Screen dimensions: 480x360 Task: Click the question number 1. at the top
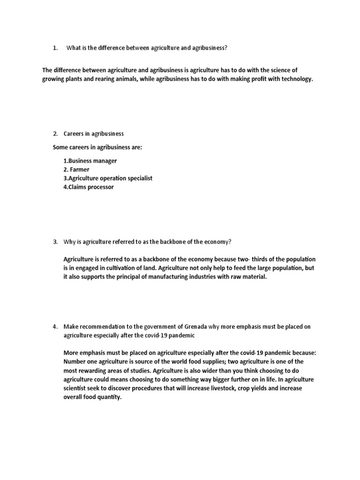pos(55,48)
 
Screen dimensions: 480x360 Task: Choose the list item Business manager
pos(92,161)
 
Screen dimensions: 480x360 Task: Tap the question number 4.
pos(55,326)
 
